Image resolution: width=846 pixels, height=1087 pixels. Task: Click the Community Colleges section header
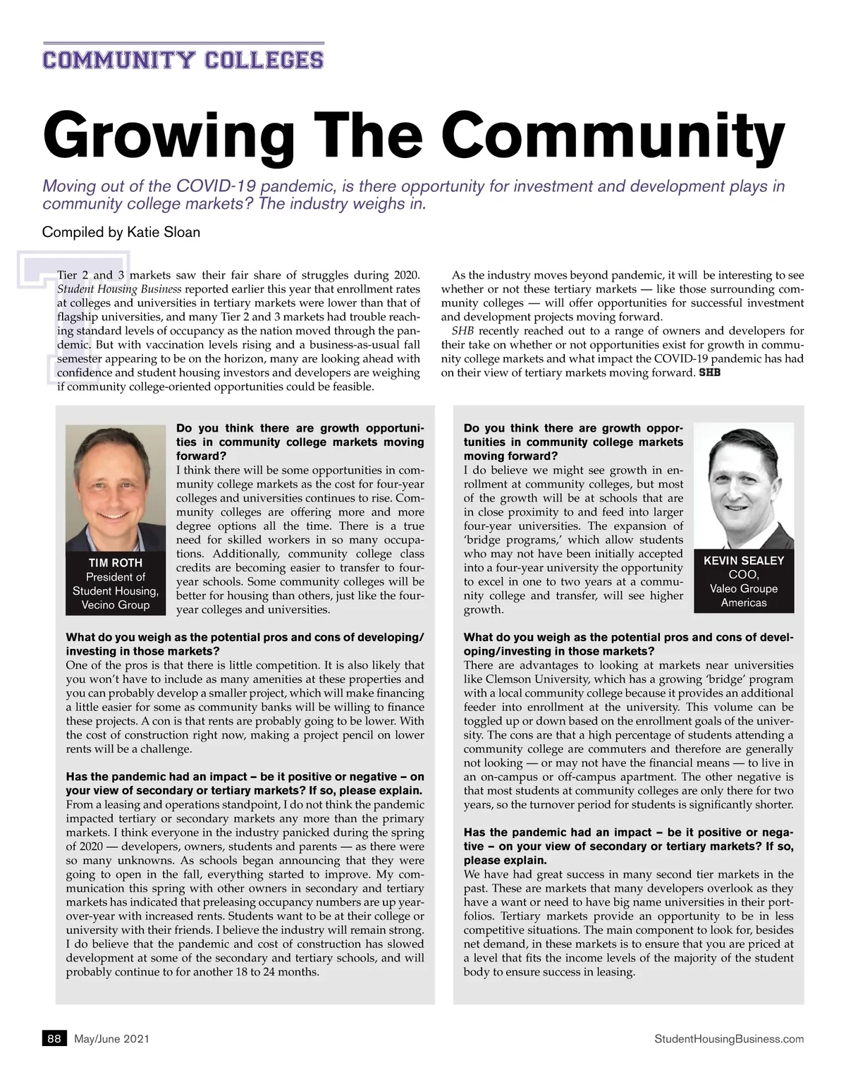(183, 60)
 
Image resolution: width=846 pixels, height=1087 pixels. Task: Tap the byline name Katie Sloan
(164, 232)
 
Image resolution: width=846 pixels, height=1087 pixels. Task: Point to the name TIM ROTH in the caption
(116, 563)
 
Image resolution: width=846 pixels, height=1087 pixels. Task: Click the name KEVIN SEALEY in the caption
(744, 561)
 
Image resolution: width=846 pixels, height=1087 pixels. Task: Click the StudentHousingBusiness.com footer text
(729, 1038)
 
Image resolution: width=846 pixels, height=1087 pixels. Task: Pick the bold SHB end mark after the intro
(709, 372)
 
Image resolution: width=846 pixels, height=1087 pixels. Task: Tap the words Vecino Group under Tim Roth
(116, 605)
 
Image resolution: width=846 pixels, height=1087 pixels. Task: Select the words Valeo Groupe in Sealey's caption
(744, 588)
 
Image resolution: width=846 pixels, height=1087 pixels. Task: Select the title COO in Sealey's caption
(744, 575)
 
